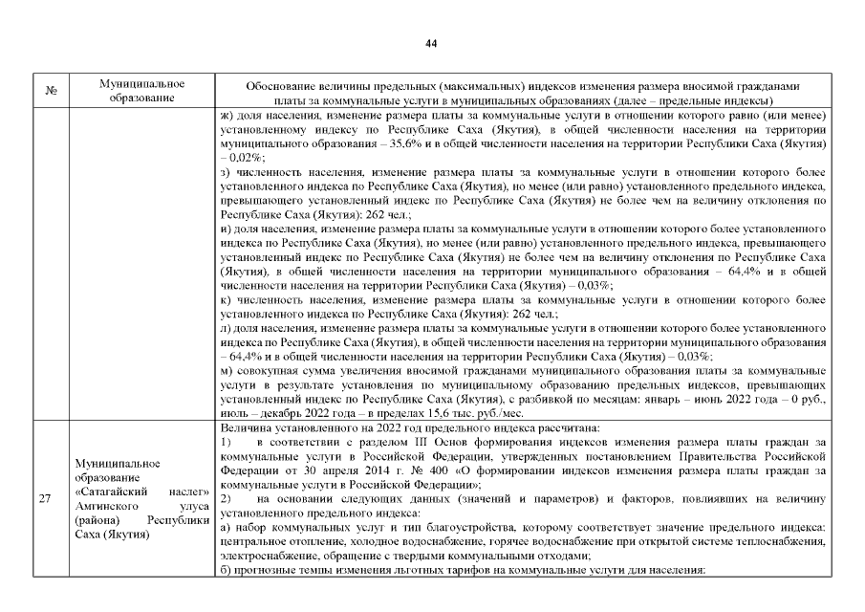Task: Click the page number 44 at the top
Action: click(431, 44)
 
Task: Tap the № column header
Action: click(52, 92)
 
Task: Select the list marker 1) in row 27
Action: click(227, 442)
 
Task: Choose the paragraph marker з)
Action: click(226, 170)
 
